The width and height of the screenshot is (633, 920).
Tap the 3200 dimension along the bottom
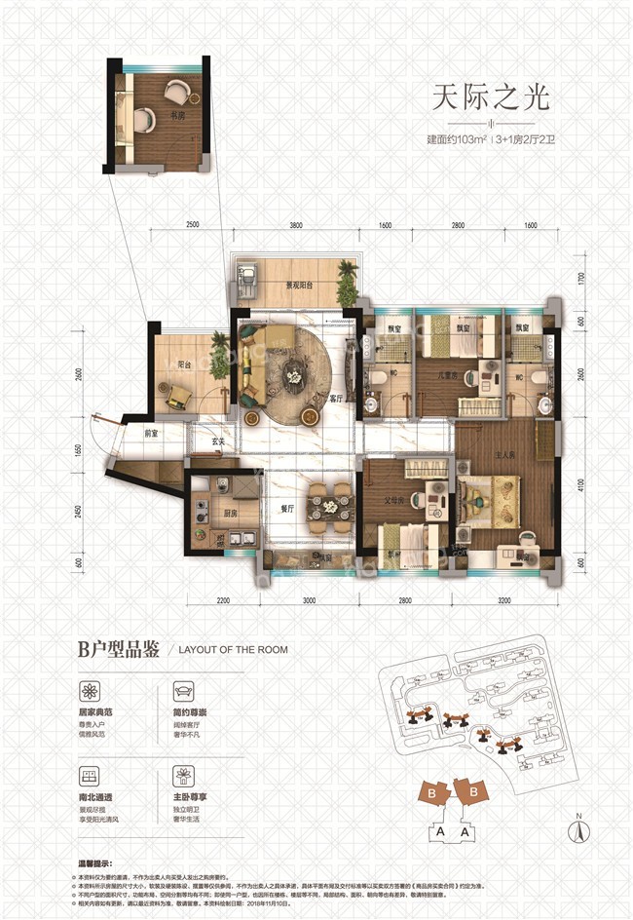coord(504,601)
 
